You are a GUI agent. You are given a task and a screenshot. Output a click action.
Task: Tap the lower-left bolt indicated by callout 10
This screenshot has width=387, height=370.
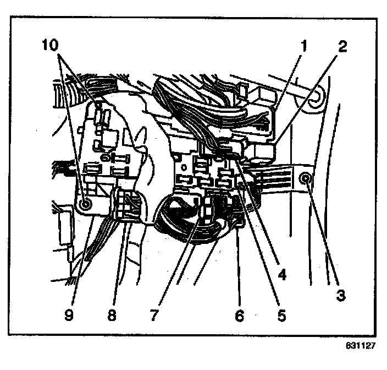click(x=85, y=205)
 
